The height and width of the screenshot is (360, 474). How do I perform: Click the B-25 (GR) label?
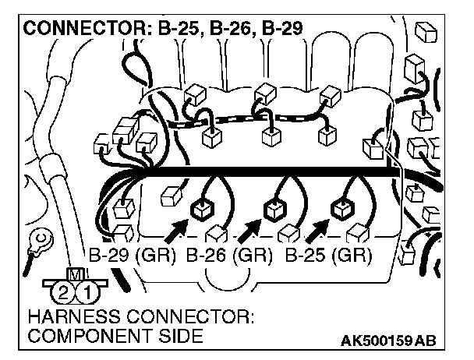[x=328, y=255]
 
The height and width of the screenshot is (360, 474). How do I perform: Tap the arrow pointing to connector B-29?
[x=176, y=228]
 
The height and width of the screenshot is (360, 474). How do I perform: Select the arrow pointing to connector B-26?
[x=249, y=228]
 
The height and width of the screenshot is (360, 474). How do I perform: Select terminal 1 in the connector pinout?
[x=89, y=294]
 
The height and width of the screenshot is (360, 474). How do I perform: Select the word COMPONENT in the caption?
[x=79, y=337]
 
